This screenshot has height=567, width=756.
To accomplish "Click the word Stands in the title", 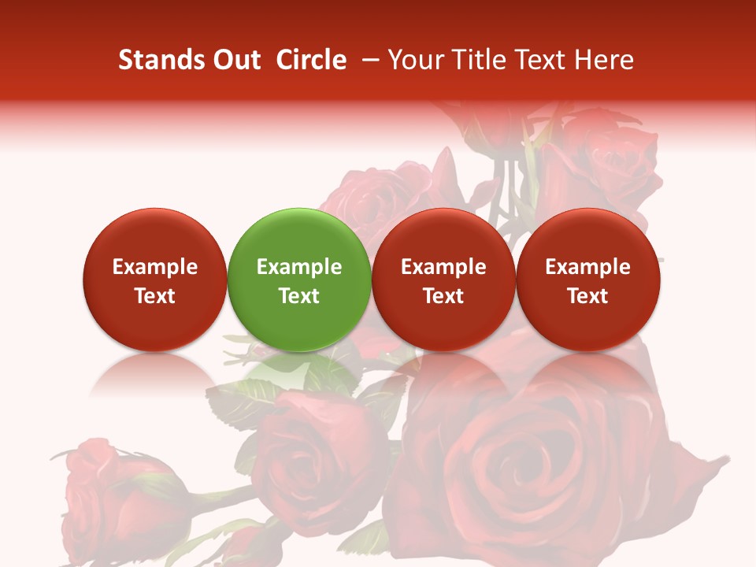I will (154, 61).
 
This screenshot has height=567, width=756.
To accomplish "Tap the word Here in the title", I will (605, 61).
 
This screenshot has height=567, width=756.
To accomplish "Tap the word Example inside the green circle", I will (298, 267).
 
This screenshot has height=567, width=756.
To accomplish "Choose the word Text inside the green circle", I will (298, 296).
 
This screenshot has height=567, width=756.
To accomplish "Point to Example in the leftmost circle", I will (154, 267).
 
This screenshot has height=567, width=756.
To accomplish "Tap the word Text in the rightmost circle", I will (587, 296).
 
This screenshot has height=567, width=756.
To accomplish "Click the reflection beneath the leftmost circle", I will (154, 374).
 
